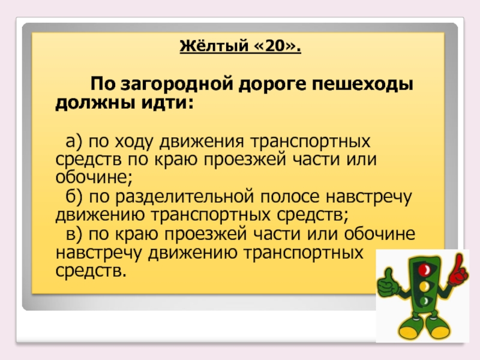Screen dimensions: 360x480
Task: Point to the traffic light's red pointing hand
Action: [458, 270]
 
